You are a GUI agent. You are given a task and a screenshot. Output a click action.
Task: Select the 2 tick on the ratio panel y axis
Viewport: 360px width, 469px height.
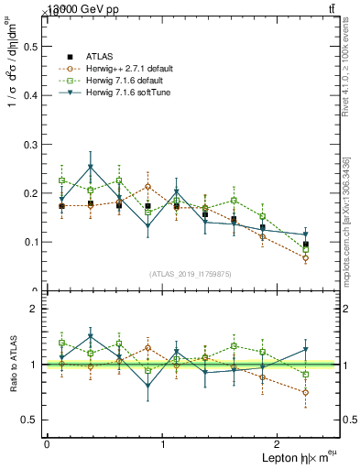click(x=35, y=309)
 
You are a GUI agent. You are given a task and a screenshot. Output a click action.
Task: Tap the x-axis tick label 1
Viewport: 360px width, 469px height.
click(x=163, y=443)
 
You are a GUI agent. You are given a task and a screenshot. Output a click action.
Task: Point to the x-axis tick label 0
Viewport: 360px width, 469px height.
click(x=47, y=443)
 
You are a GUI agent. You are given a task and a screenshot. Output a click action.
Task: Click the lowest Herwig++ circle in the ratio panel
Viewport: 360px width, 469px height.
click(x=305, y=392)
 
